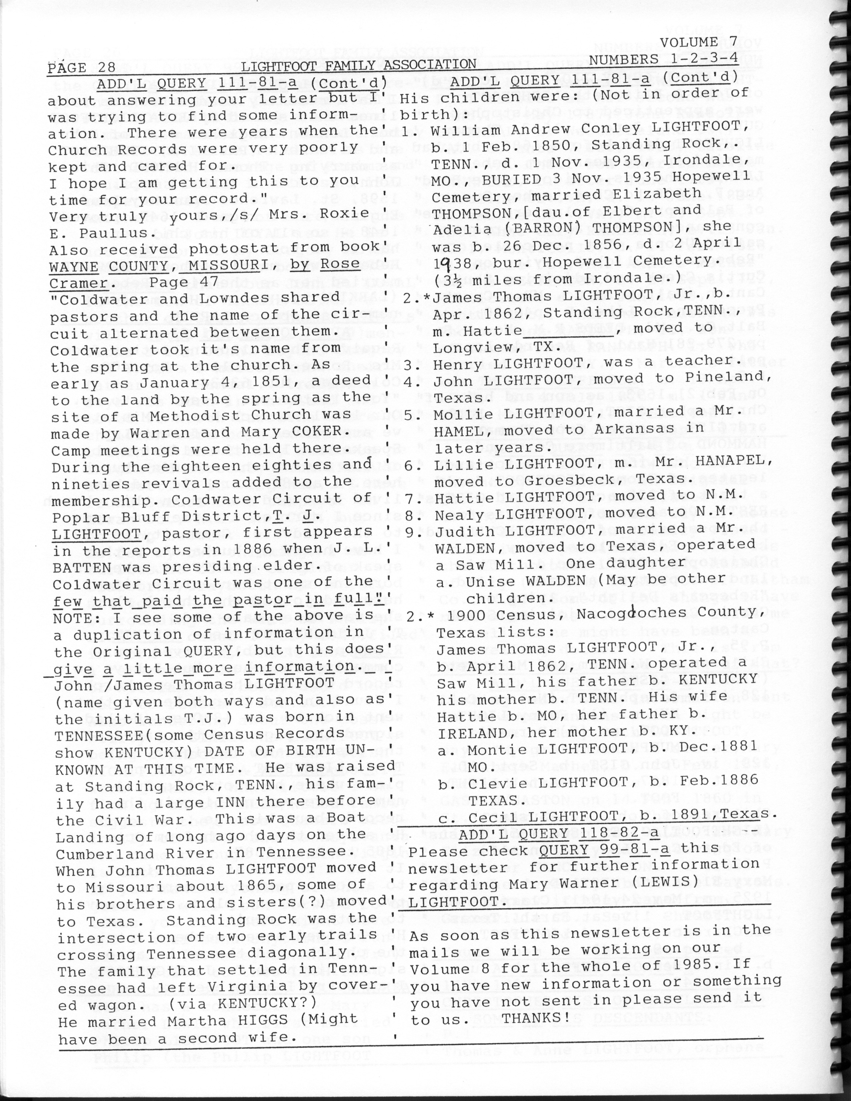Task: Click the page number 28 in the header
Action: (106, 67)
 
